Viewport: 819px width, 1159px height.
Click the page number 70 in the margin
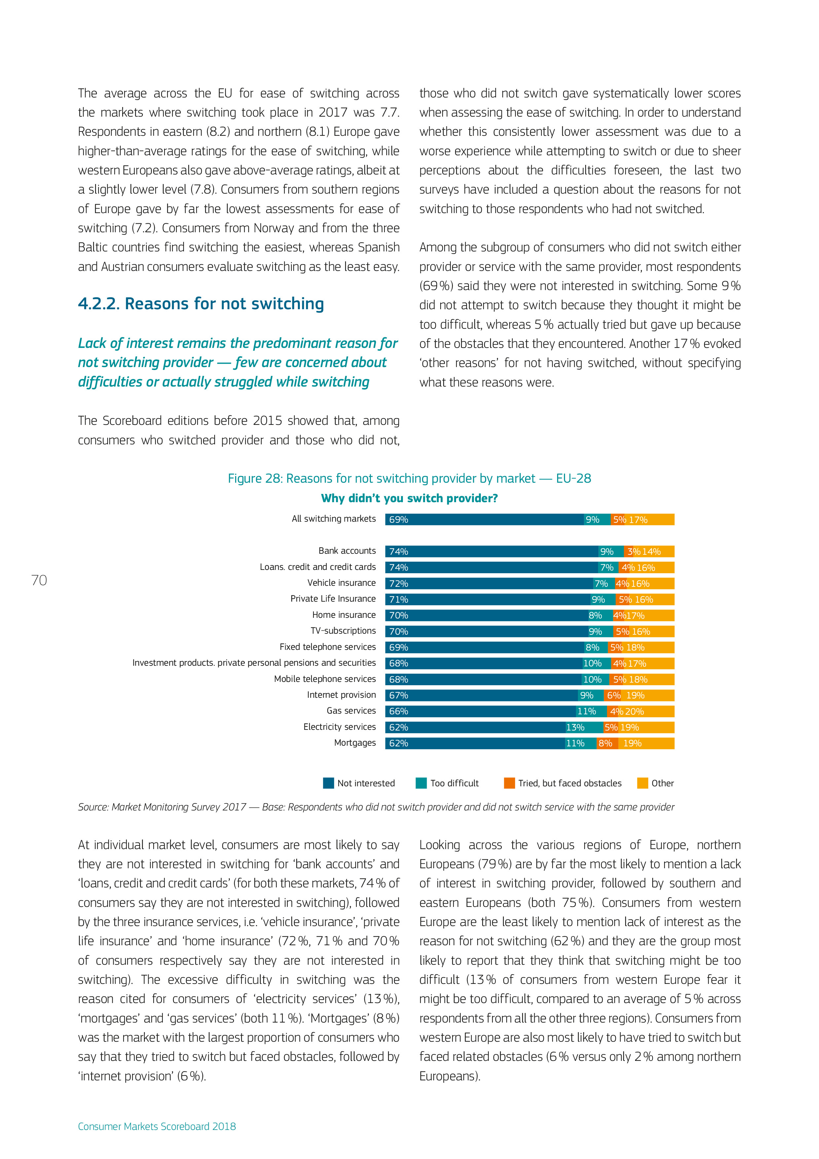tap(39, 580)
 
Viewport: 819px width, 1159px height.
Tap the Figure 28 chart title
tap(409, 478)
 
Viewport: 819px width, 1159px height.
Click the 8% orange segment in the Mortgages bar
tap(607, 743)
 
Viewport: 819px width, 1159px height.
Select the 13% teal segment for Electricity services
tap(584, 728)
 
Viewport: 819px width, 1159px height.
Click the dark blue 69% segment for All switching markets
tap(484, 519)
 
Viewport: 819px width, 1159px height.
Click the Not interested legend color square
tap(329, 783)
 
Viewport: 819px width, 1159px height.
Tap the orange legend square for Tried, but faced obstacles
tap(509, 783)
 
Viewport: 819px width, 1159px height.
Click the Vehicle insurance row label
tap(341, 583)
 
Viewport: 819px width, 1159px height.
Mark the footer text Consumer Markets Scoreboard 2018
tap(157, 1126)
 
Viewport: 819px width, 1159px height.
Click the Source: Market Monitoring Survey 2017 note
tap(375, 807)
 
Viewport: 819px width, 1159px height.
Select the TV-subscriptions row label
tap(343, 631)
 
